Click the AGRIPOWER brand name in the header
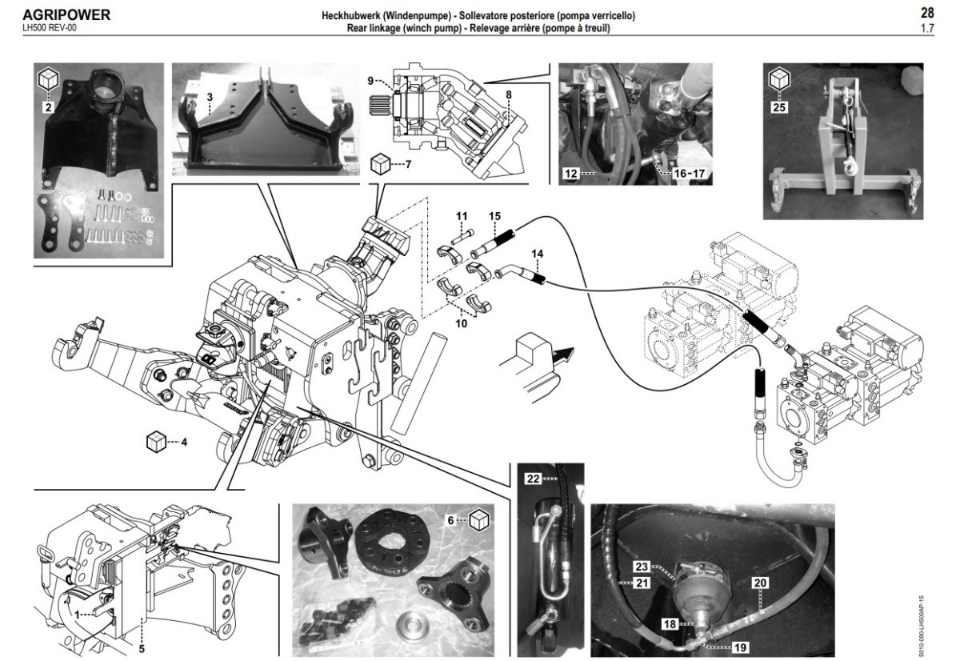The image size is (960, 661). point(66,15)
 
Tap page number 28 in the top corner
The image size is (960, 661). point(928,13)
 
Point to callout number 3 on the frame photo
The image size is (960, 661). point(210,96)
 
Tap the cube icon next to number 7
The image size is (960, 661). point(382,165)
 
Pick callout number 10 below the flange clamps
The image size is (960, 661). point(461,324)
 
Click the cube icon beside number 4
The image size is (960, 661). point(156,441)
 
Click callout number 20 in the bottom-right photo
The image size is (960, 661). point(758,583)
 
